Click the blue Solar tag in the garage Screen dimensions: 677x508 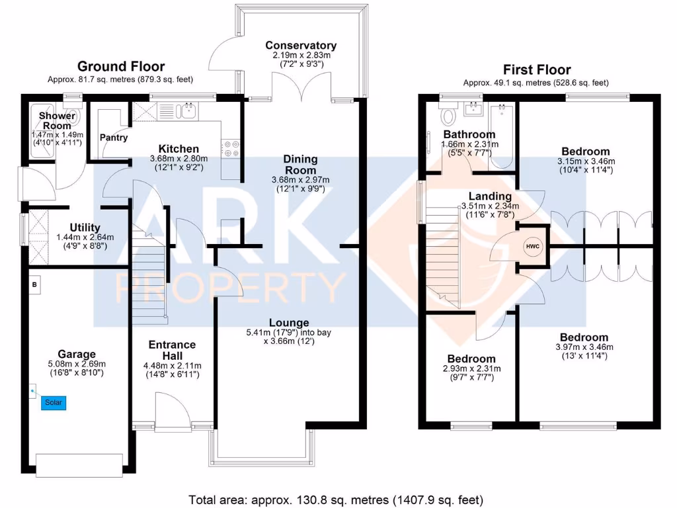[x=54, y=403]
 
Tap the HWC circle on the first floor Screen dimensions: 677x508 [x=533, y=247]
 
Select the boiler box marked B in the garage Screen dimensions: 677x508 [x=34, y=285]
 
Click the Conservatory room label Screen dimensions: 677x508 [x=301, y=46]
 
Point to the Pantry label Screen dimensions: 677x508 [x=114, y=138]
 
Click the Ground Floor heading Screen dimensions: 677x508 [x=121, y=67]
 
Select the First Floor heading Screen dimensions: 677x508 [x=537, y=69]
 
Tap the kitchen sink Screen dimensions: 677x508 [x=188, y=111]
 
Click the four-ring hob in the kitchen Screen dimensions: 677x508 [x=231, y=149]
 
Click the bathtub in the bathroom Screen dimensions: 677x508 [x=501, y=136]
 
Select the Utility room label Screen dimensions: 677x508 [x=85, y=228]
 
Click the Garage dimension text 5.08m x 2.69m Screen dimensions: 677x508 [x=77, y=364]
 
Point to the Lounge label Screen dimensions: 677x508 [x=289, y=323]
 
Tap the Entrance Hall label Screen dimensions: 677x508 [x=173, y=351]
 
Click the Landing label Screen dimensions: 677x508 [x=490, y=196]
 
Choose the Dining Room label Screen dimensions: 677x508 [x=301, y=165]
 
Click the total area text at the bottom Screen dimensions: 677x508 [x=336, y=500]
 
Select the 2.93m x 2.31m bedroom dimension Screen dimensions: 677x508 [x=472, y=369]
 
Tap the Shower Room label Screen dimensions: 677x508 [x=57, y=121]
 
